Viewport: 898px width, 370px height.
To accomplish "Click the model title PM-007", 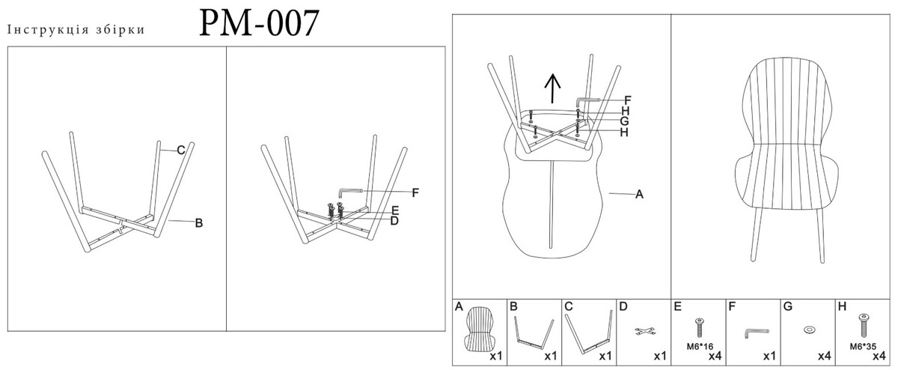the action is [259, 23].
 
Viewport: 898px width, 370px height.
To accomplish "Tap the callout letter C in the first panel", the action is [181, 150].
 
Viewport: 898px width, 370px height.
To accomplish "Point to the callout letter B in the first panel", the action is [199, 223].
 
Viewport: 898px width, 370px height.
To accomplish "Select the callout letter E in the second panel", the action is [395, 210].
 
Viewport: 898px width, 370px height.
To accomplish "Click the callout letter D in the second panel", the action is [394, 221].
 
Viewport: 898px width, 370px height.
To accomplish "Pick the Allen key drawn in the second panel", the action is [351, 192].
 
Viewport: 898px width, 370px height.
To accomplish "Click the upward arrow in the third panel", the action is [553, 88].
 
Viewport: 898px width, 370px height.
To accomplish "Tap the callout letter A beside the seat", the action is [639, 194].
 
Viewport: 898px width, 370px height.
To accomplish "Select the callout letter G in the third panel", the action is [624, 121].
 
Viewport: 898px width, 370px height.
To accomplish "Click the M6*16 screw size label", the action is [700, 347].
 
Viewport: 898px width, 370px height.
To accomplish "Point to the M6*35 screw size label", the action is [863, 347].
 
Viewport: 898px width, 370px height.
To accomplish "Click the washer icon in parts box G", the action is [808, 330].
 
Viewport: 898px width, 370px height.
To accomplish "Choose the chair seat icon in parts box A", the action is [480, 330].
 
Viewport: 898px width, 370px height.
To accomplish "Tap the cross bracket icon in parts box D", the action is [644, 332].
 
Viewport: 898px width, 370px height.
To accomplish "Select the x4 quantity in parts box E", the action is [715, 356].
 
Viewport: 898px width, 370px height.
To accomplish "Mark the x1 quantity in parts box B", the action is [551, 356].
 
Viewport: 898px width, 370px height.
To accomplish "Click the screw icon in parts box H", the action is [864, 326].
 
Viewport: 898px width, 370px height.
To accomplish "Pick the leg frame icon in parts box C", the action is [588, 332].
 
